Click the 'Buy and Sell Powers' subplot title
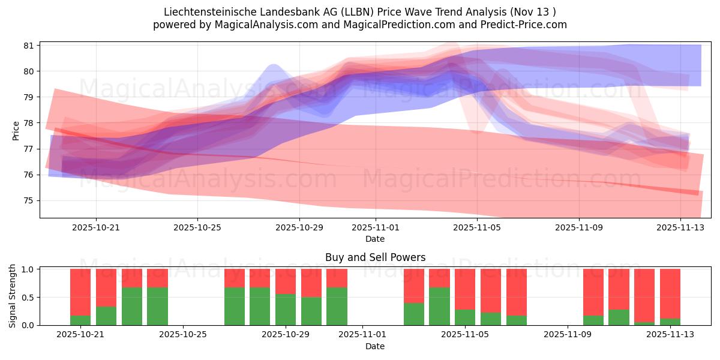pyautogui.click(x=375, y=257)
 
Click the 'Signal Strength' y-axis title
pyautogui.click(x=13, y=296)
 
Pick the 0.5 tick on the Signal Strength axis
pyautogui.click(x=28, y=298)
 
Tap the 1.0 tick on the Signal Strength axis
pyautogui.click(x=28, y=269)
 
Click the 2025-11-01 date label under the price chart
pyautogui.click(x=376, y=227)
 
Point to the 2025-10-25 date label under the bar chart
pyautogui.click(x=183, y=335)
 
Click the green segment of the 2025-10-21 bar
pyautogui.click(x=80, y=320)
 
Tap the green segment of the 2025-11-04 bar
pyautogui.click(x=439, y=306)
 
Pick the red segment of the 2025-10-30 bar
pyautogui.click(x=311, y=283)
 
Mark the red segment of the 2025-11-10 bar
pyautogui.click(x=593, y=292)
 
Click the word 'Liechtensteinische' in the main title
pyautogui.click(x=205, y=12)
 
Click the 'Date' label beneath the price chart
pyautogui.click(x=375, y=239)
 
